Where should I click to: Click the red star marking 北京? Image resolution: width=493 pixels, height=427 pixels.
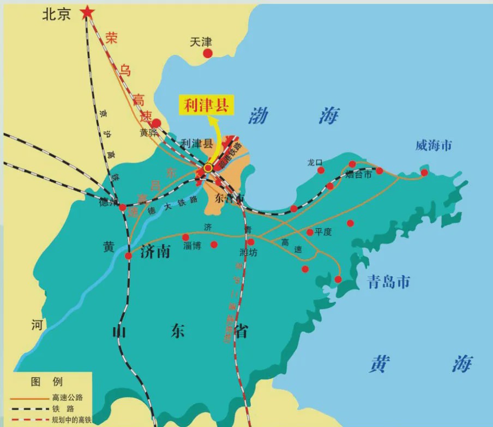pyautogui.click(x=87, y=12)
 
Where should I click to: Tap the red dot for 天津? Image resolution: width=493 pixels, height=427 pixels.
pyautogui.click(x=208, y=53)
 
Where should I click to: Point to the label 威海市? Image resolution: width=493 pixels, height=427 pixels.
pyautogui.click(x=434, y=145)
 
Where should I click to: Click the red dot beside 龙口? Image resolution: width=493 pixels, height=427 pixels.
pyautogui.click(x=321, y=170)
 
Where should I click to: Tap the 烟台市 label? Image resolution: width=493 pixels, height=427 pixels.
pyautogui.click(x=358, y=174)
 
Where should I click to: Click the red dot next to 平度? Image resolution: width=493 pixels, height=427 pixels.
pyautogui.click(x=310, y=232)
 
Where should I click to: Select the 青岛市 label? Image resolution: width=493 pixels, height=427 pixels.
pyautogui.click(x=388, y=282)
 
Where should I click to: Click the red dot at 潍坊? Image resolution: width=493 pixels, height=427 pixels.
pyautogui.click(x=250, y=242)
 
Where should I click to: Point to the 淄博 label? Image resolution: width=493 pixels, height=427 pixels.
pyautogui.click(x=193, y=246)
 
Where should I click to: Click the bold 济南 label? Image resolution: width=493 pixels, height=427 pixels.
pyautogui.click(x=155, y=251)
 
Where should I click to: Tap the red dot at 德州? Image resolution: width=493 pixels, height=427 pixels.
pyautogui.click(x=123, y=208)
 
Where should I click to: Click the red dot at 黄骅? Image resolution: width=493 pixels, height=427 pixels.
pyautogui.click(x=156, y=123)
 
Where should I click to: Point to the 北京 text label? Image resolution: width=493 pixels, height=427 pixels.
pyautogui.click(x=57, y=14)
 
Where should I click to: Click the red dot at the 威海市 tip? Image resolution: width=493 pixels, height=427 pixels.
pyautogui.click(x=424, y=173)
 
